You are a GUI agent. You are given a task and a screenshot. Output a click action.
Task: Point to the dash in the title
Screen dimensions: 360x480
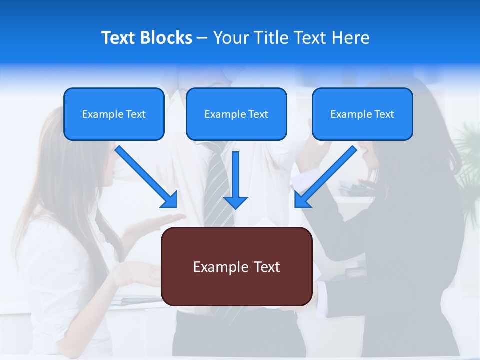(202, 38)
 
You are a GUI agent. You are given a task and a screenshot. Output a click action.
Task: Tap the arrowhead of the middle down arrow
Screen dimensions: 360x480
(235, 202)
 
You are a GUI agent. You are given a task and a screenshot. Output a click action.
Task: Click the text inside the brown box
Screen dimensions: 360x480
(236, 267)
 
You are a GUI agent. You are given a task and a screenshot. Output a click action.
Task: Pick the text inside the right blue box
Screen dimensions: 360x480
(362, 114)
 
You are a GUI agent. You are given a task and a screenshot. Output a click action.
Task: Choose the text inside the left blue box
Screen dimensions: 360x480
(114, 114)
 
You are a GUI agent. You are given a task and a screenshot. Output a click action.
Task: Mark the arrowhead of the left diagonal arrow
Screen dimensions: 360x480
(170, 200)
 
